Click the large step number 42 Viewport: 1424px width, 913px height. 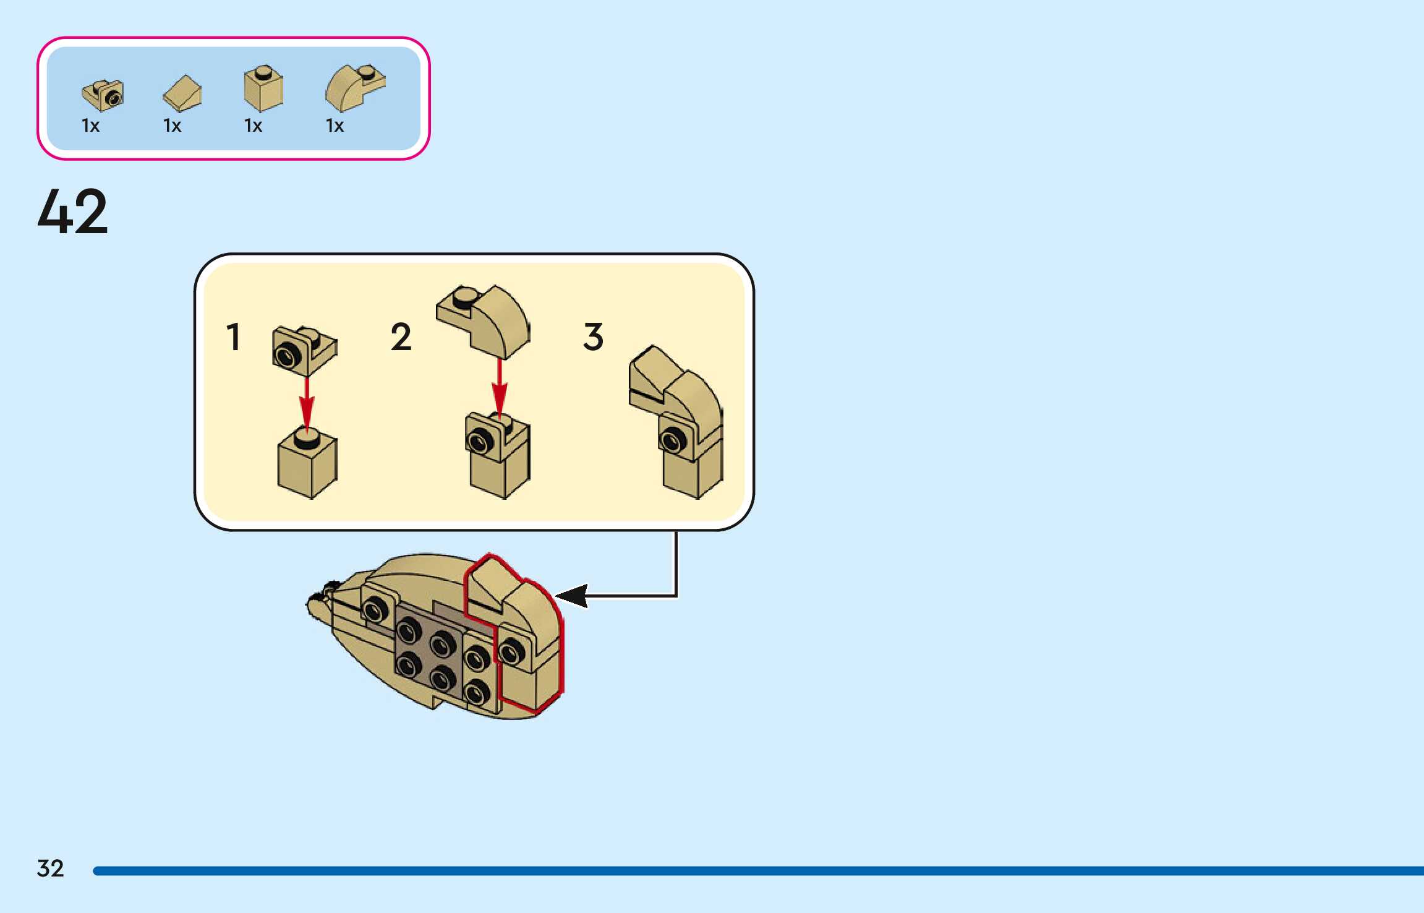coord(73,212)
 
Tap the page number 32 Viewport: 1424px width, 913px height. coord(50,868)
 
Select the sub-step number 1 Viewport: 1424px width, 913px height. coord(233,337)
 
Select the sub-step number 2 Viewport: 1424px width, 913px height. coord(401,337)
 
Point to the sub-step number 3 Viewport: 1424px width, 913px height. coord(593,337)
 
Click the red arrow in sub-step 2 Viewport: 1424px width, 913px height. coord(500,387)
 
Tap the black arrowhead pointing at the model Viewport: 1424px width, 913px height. coord(572,596)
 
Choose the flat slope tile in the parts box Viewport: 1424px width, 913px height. coord(182,93)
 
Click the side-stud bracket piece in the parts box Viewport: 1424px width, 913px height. coord(103,95)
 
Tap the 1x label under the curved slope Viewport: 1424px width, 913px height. coord(335,126)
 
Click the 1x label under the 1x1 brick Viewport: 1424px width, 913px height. coord(253,126)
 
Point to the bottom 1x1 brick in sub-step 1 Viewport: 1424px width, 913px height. coord(307,465)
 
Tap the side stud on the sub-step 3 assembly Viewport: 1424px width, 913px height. coord(672,440)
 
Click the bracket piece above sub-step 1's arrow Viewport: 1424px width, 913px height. coord(304,351)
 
